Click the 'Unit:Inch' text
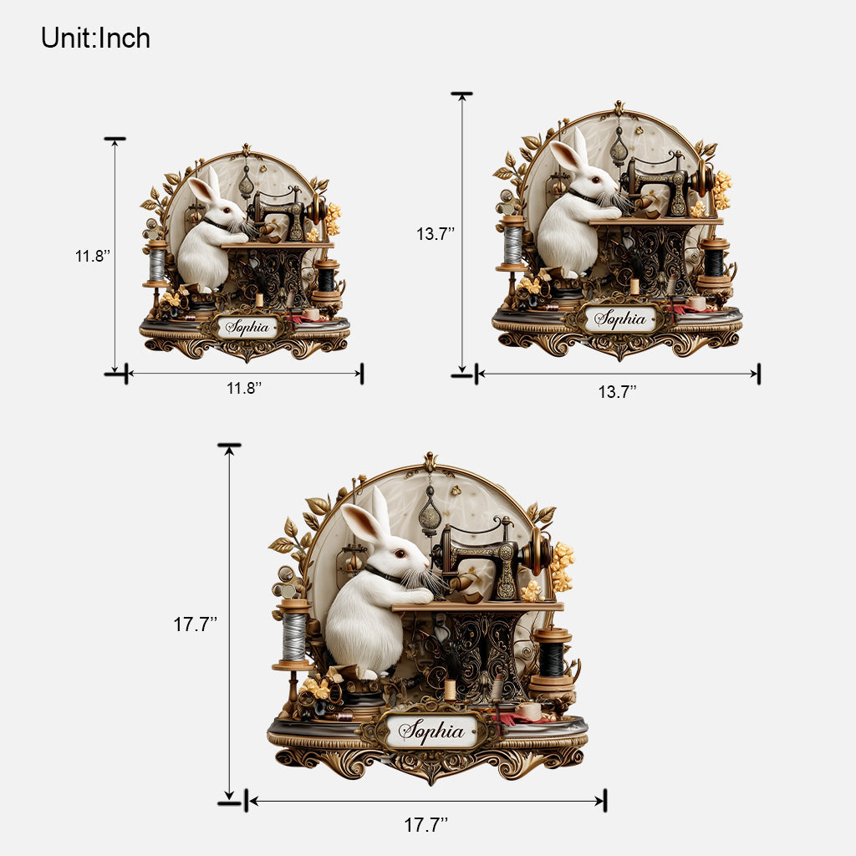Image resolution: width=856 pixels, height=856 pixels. point(95,38)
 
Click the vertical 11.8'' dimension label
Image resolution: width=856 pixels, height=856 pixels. point(93,256)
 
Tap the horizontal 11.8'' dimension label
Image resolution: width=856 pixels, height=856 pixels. point(244,388)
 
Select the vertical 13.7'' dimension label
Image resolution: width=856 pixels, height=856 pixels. point(436,234)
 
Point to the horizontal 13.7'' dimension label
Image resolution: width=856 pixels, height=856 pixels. point(618,391)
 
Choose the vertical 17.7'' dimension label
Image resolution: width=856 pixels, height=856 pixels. point(196,624)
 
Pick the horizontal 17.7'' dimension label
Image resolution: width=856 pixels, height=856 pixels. point(425,824)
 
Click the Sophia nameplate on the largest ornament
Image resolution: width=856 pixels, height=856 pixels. point(431,731)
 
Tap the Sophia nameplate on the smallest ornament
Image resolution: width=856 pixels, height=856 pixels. point(247,327)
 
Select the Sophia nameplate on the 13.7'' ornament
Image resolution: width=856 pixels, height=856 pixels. point(620,318)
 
